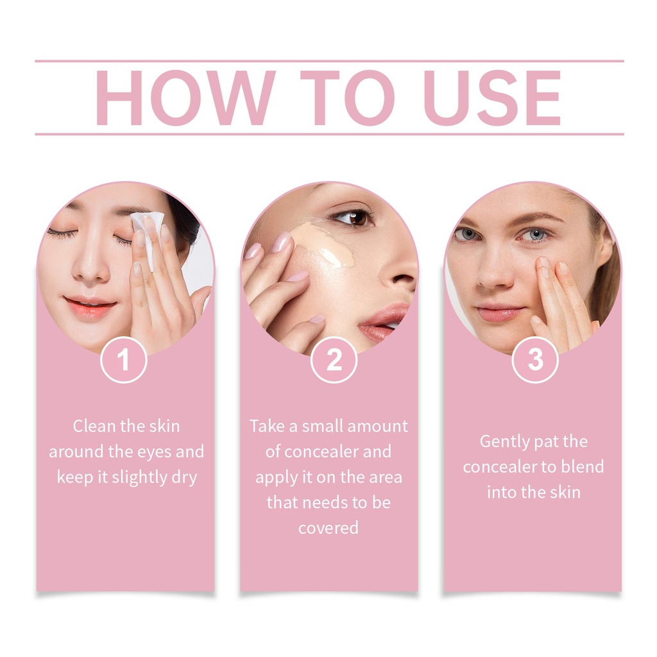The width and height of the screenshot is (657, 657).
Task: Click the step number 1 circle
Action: tap(124, 359)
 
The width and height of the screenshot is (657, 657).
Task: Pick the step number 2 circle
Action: tap(334, 359)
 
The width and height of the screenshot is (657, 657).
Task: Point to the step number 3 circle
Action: tap(535, 359)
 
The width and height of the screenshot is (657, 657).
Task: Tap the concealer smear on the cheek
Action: tap(323, 245)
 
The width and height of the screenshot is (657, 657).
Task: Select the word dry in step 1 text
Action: tap(184, 477)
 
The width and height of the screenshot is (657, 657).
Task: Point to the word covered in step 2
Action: tap(328, 528)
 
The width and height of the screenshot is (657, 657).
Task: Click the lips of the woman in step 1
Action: tap(89, 307)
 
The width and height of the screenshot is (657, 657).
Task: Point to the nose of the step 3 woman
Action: tap(495, 268)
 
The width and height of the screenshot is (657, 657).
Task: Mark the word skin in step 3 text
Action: tap(565, 492)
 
